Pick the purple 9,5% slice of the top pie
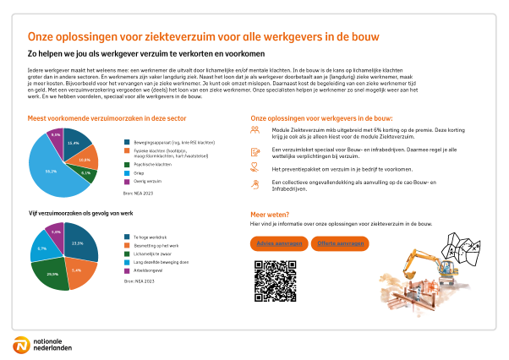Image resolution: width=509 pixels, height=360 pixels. (x=56, y=135)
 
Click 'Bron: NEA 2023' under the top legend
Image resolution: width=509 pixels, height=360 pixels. (x=137, y=194)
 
